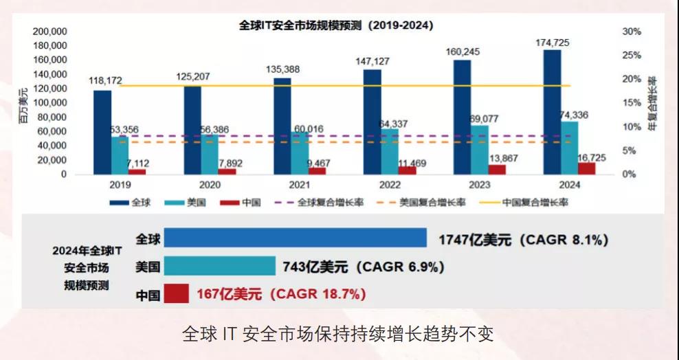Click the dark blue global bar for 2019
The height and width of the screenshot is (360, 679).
pos(102,132)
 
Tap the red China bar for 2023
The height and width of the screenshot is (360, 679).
pos(497,170)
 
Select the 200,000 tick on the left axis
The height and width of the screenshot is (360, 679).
pos(49,32)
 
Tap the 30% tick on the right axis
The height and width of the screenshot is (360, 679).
pos(631,32)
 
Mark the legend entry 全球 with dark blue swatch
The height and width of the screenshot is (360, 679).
pos(131,203)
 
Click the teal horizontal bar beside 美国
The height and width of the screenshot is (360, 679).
pos(219,267)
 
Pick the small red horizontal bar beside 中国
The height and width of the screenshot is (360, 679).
pos(177,294)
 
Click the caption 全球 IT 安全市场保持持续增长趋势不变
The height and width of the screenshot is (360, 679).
pos(338,335)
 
